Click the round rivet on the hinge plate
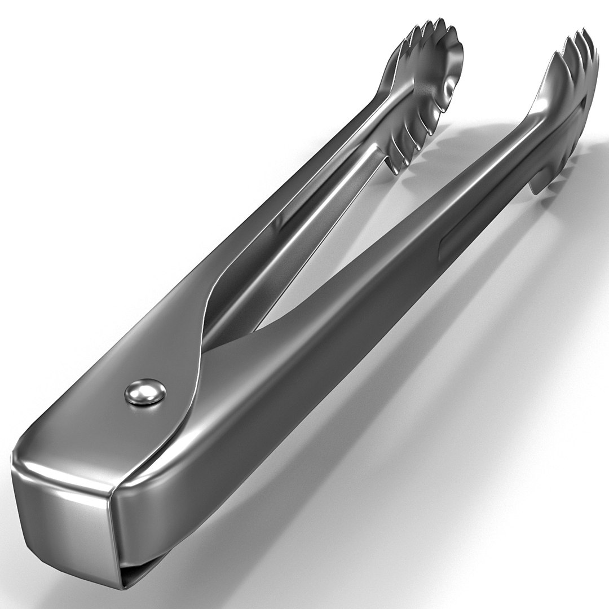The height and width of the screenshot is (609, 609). pos(144,392)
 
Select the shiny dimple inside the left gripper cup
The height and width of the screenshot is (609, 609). pos(448,87)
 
